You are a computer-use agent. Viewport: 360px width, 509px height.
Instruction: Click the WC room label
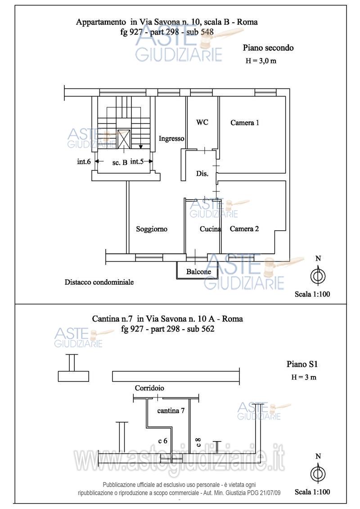pos(202,122)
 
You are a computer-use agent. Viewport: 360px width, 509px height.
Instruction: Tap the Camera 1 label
pos(245,123)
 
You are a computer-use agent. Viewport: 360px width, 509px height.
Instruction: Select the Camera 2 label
pos(244,229)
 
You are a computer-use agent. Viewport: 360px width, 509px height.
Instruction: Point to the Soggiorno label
pos(152,229)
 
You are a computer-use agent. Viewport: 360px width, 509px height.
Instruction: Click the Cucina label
pos(210,229)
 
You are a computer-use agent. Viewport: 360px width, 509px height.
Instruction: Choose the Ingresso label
pos(171,138)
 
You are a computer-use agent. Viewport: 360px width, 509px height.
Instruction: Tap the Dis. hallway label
pos(202,174)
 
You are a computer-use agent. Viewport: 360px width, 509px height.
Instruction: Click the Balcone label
pos(198,272)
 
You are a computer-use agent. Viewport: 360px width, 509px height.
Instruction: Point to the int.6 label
pos(84,161)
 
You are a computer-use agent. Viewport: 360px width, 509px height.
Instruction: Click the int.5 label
pos(137,161)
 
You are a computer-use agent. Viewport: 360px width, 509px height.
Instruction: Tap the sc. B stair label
pos(120,163)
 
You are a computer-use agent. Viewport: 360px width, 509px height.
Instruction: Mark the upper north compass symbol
pos(319,272)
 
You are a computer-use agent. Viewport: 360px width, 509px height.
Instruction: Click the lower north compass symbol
pos(319,471)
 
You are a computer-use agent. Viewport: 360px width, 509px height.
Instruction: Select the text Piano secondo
pos(268,48)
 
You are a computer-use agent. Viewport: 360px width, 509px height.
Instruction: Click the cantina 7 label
pos(171,411)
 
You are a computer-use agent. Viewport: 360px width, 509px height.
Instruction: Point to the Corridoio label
pos(149,388)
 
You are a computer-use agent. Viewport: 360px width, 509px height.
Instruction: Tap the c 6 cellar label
pos(163,441)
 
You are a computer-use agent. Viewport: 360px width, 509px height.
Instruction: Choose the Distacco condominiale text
pos(99,282)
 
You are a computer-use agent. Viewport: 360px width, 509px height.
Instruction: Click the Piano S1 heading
pos(302,364)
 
